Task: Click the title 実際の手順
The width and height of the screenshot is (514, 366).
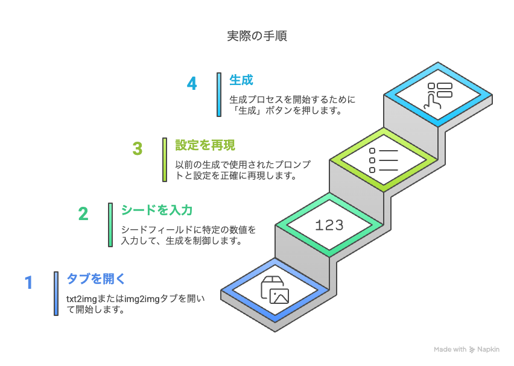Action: click(257, 36)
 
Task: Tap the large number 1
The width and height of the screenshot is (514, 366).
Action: click(29, 282)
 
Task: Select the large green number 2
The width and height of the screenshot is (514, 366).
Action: click(83, 214)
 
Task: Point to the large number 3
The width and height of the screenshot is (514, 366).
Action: click(138, 148)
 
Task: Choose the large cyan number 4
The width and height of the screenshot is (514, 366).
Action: click(192, 83)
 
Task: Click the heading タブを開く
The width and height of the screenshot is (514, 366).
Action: click(96, 279)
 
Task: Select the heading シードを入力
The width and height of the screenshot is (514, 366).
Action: click(157, 210)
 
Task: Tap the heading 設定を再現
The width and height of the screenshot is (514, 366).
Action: click(205, 145)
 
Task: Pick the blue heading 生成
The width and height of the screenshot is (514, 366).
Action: click(241, 80)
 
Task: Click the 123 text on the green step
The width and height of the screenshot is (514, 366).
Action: click(329, 225)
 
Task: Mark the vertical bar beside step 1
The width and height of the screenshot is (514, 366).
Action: click(56, 294)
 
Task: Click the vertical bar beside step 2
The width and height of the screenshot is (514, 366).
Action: click(110, 225)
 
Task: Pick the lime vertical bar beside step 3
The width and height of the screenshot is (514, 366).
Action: click(165, 160)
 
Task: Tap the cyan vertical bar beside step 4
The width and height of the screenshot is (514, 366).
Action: click(219, 95)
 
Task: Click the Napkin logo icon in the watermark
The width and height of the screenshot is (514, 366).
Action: click(472, 350)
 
